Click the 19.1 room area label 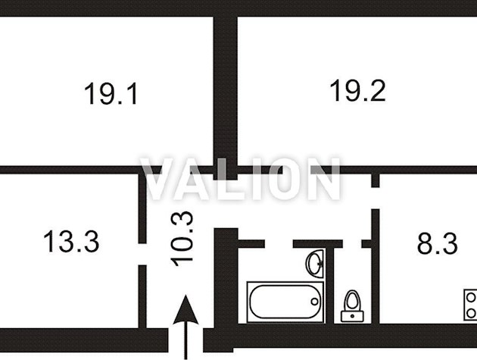tap(111, 95)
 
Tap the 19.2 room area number tap(357, 91)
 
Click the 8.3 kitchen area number tap(437, 244)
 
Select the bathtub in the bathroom tap(285, 302)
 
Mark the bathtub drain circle tap(314, 302)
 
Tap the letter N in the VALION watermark tap(324, 180)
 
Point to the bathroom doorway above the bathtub tap(279, 243)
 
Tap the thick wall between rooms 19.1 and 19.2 tap(225, 91)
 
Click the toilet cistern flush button tap(351, 295)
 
